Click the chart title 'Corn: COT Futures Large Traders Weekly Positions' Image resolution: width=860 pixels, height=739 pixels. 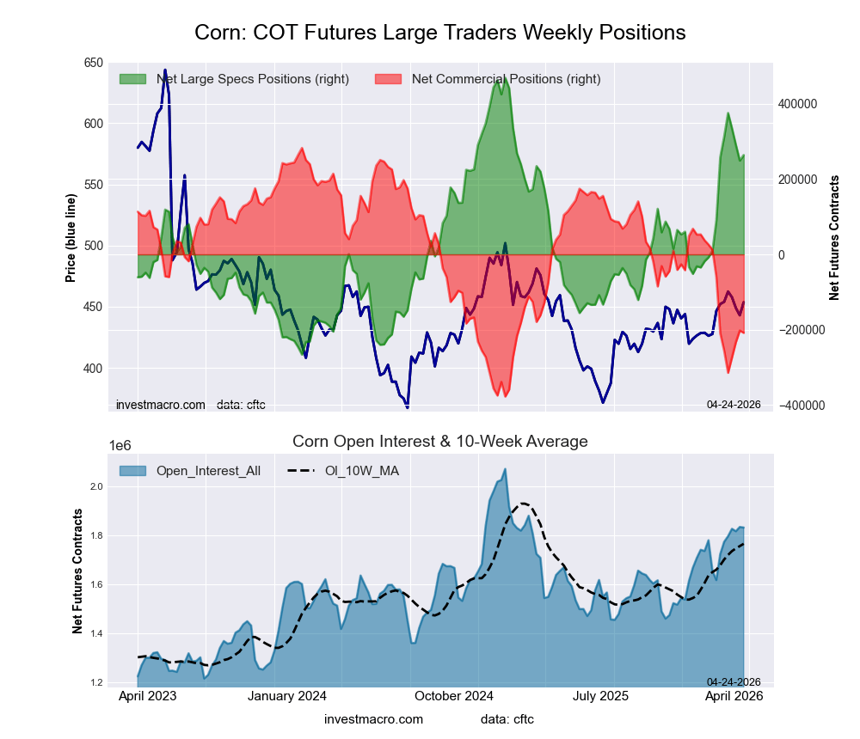click(439, 33)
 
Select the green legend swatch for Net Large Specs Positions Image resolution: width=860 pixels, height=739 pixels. click(132, 79)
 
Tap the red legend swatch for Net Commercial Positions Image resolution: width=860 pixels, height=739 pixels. click(389, 79)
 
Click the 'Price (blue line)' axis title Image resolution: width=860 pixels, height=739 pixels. click(71, 234)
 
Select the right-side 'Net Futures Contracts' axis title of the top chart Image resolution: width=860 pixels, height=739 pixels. click(834, 237)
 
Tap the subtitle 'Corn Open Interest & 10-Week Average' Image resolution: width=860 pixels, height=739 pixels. click(439, 442)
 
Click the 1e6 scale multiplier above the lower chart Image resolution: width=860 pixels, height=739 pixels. click(120, 445)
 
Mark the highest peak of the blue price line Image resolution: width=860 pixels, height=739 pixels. click(165, 70)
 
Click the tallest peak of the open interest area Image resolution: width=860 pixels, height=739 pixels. click(505, 469)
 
